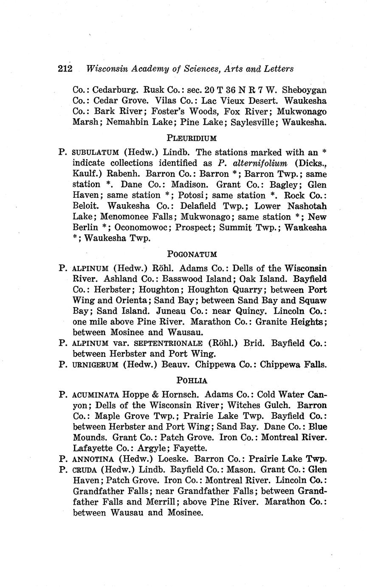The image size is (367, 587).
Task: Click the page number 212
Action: pos(65,69)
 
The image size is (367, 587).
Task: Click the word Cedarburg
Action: pos(115,90)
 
